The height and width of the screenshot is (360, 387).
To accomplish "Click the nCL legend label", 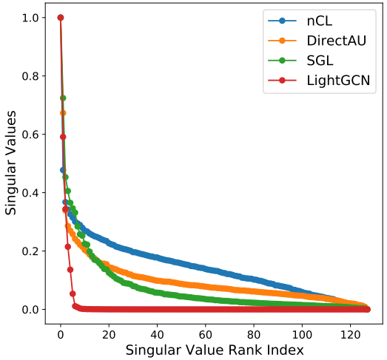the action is pyautogui.click(x=320, y=21).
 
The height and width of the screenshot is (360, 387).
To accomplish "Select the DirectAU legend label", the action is pyautogui.click(x=337, y=41).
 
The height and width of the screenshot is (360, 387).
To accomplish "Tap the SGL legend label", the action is pyautogui.click(x=320, y=61).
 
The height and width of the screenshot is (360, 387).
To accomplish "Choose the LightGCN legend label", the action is pyautogui.click(x=338, y=81).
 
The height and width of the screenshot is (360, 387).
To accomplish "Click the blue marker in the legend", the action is pyautogui.click(x=282, y=21).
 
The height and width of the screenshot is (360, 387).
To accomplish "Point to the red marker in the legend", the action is pyautogui.click(x=282, y=81).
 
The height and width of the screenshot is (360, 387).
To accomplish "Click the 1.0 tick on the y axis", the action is pyautogui.click(x=30, y=18).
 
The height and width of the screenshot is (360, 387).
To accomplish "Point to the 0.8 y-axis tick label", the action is pyautogui.click(x=30, y=76).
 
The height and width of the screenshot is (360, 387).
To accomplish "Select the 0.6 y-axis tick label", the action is pyautogui.click(x=30, y=135).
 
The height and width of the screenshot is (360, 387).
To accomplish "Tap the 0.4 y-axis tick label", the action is pyautogui.click(x=30, y=193).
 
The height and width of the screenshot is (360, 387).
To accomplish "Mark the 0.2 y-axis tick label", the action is pyautogui.click(x=30, y=251).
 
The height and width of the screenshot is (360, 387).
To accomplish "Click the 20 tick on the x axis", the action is pyautogui.click(x=109, y=335).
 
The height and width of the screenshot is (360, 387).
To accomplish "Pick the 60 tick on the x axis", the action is pyautogui.click(x=206, y=335).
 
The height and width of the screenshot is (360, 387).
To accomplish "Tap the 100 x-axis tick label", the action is pyautogui.click(x=302, y=335).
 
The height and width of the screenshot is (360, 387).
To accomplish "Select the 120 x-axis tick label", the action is pyautogui.click(x=350, y=335).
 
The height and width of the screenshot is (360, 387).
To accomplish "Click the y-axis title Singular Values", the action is pyautogui.click(x=10, y=163).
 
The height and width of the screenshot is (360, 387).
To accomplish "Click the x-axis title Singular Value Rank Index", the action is pyautogui.click(x=215, y=350).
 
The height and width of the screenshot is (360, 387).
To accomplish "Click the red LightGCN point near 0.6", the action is pyautogui.click(x=63, y=137).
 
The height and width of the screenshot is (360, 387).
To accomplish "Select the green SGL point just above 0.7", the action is pyautogui.click(x=63, y=98).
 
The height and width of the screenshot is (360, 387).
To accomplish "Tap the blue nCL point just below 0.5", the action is pyautogui.click(x=63, y=170).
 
